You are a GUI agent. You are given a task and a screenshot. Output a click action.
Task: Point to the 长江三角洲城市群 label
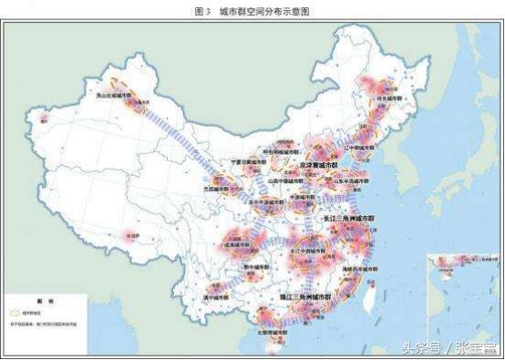pos(348,220)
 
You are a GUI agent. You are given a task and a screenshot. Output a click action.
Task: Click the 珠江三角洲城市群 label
pos(305,298)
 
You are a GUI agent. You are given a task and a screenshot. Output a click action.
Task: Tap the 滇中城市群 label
pos(212,297)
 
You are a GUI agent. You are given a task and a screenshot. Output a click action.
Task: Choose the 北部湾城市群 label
pos(273,333)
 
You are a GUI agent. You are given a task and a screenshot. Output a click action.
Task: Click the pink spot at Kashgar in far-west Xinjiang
pos(41,116)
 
